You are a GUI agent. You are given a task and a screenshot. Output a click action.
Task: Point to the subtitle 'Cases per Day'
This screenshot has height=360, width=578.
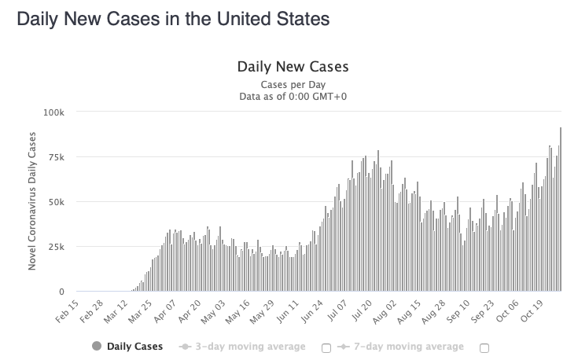(x=293, y=84)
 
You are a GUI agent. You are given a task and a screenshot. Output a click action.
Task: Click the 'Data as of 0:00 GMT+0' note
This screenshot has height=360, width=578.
(x=293, y=97)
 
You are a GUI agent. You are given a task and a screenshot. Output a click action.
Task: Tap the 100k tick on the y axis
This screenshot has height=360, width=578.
(x=53, y=112)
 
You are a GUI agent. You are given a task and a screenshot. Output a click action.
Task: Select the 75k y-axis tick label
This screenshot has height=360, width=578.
(x=56, y=157)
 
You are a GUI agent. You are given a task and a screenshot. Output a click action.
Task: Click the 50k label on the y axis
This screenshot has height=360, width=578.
(x=56, y=202)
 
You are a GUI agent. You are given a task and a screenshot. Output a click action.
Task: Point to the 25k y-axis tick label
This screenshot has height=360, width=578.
(x=56, y=247)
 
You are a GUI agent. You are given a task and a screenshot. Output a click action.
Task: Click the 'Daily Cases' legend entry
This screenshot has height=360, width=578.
(x=127, y=347)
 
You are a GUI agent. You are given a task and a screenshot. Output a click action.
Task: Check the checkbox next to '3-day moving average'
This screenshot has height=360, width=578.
(x=326, y=347)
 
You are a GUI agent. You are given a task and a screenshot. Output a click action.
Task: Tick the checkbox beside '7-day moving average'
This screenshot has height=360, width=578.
(x=484, y=347)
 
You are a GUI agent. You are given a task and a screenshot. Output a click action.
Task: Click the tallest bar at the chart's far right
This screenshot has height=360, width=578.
(x=560, y=212)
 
